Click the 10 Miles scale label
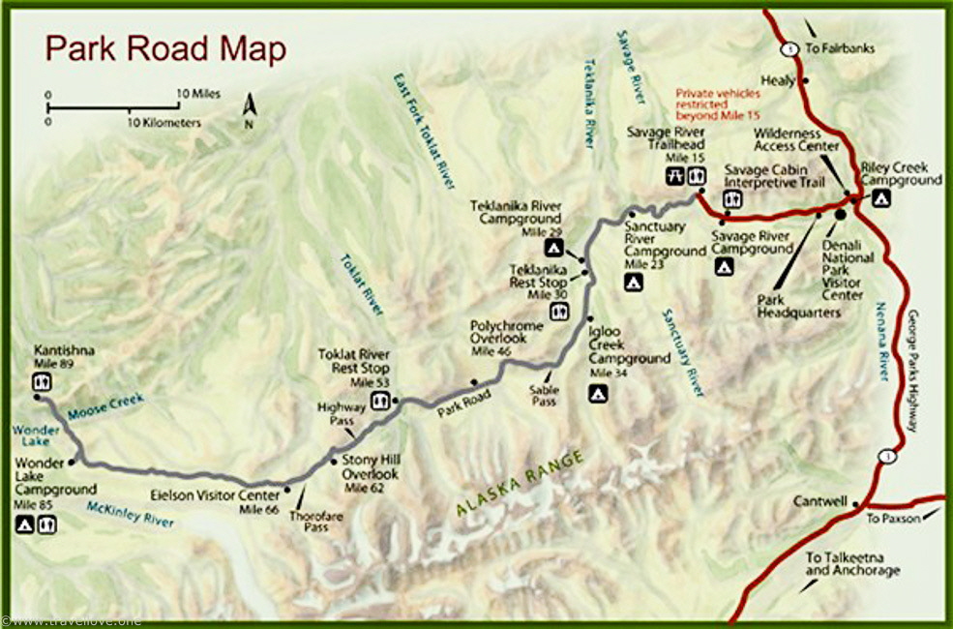(198, 94)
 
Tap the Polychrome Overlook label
(498, 332)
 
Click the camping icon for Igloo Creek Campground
(599, 392)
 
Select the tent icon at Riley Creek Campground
(881, 199)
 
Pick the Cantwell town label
(819, 502)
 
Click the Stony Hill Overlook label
(370, 474)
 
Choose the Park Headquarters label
(798, 306)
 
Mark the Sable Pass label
(543, 395)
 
